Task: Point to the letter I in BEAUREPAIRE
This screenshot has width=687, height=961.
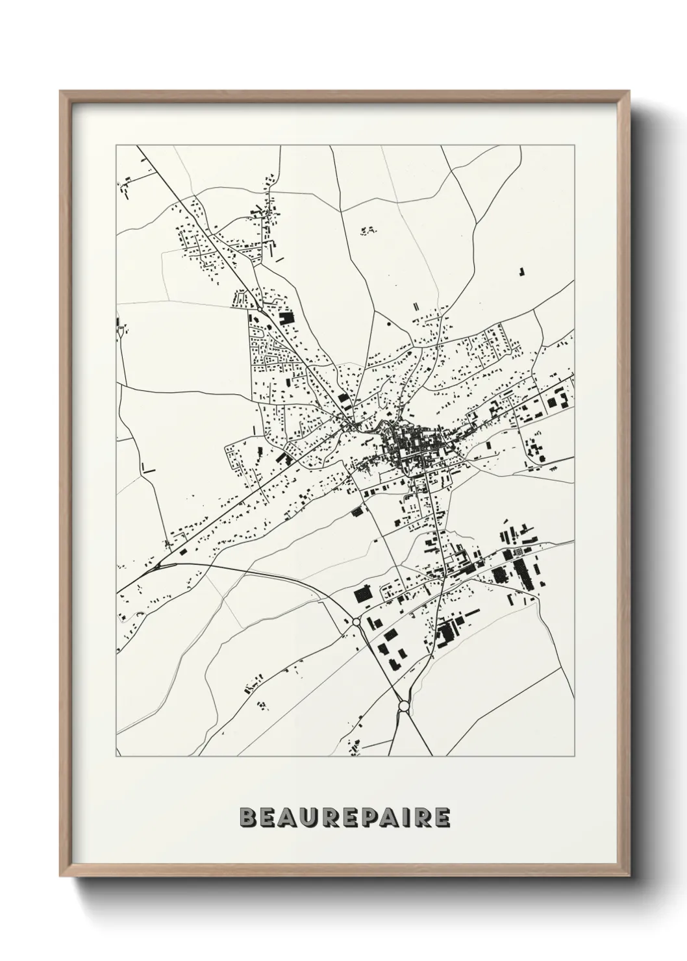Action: tap(412, 817)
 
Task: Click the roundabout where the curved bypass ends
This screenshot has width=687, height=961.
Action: tap(356, 622)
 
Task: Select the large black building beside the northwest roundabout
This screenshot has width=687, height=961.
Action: tap(285, 318)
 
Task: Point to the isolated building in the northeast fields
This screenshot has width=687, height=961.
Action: tap(521, 271)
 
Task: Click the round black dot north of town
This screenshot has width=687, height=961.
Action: tap(389, 322)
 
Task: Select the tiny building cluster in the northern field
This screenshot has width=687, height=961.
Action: tap(368, 229)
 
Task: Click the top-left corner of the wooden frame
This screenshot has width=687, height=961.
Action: tap(61, 92)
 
